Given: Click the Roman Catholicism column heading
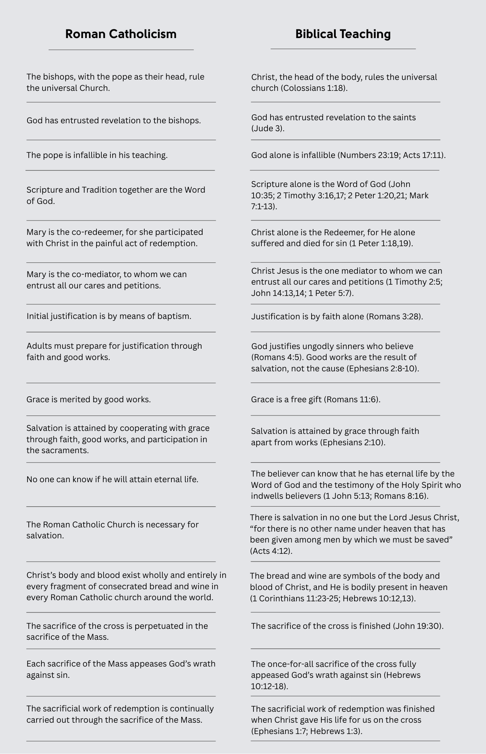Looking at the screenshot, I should coord(121,34).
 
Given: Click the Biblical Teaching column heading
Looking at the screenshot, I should coord(343,34).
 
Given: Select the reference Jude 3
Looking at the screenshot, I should coord(268,129).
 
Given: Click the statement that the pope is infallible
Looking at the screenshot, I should coord(97,155).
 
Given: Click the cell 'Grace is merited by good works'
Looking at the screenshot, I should coord(89,400).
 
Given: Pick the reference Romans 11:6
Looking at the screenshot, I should coord(352,400).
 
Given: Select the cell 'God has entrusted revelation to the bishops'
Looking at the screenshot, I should coord(113,121).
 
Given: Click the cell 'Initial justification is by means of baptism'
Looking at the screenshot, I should coord(109,316).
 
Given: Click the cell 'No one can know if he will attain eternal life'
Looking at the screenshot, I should coord(112,480).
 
